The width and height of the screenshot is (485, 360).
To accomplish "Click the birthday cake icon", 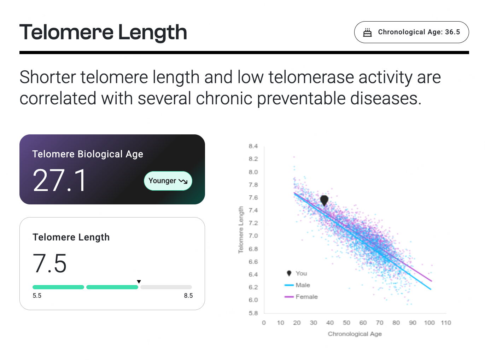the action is (367, 33).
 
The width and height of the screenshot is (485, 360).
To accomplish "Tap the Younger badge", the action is (168, 181).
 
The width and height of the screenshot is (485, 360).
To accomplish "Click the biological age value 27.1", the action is (59, 180).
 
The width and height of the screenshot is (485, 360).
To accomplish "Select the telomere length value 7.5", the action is (49, 263).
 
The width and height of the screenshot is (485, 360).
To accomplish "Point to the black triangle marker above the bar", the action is (139, 281).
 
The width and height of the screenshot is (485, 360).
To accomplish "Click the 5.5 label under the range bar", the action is (37, 296).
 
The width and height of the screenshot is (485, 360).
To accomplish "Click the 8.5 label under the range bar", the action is (188, 296).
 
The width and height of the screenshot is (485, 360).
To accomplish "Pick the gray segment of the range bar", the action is (166, 287).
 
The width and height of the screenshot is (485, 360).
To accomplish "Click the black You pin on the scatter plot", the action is (324, 200).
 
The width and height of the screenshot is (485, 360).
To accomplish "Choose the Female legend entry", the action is (301, 297).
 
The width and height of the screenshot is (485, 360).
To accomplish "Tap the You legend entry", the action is (297, 273).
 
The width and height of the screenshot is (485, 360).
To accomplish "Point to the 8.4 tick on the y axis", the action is (253, 146).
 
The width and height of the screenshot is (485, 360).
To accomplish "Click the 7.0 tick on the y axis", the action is (253, 236).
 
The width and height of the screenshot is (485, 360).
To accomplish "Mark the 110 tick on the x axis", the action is (446, 323).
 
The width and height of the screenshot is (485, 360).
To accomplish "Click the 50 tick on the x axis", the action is (346, 323).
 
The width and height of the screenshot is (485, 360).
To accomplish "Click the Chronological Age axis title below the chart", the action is (355, 334).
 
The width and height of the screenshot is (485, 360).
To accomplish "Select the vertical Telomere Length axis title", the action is (241, 230).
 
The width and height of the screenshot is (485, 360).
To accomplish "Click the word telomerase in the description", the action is (311, 77).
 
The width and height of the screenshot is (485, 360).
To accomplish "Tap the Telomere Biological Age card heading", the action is (88, 154).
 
